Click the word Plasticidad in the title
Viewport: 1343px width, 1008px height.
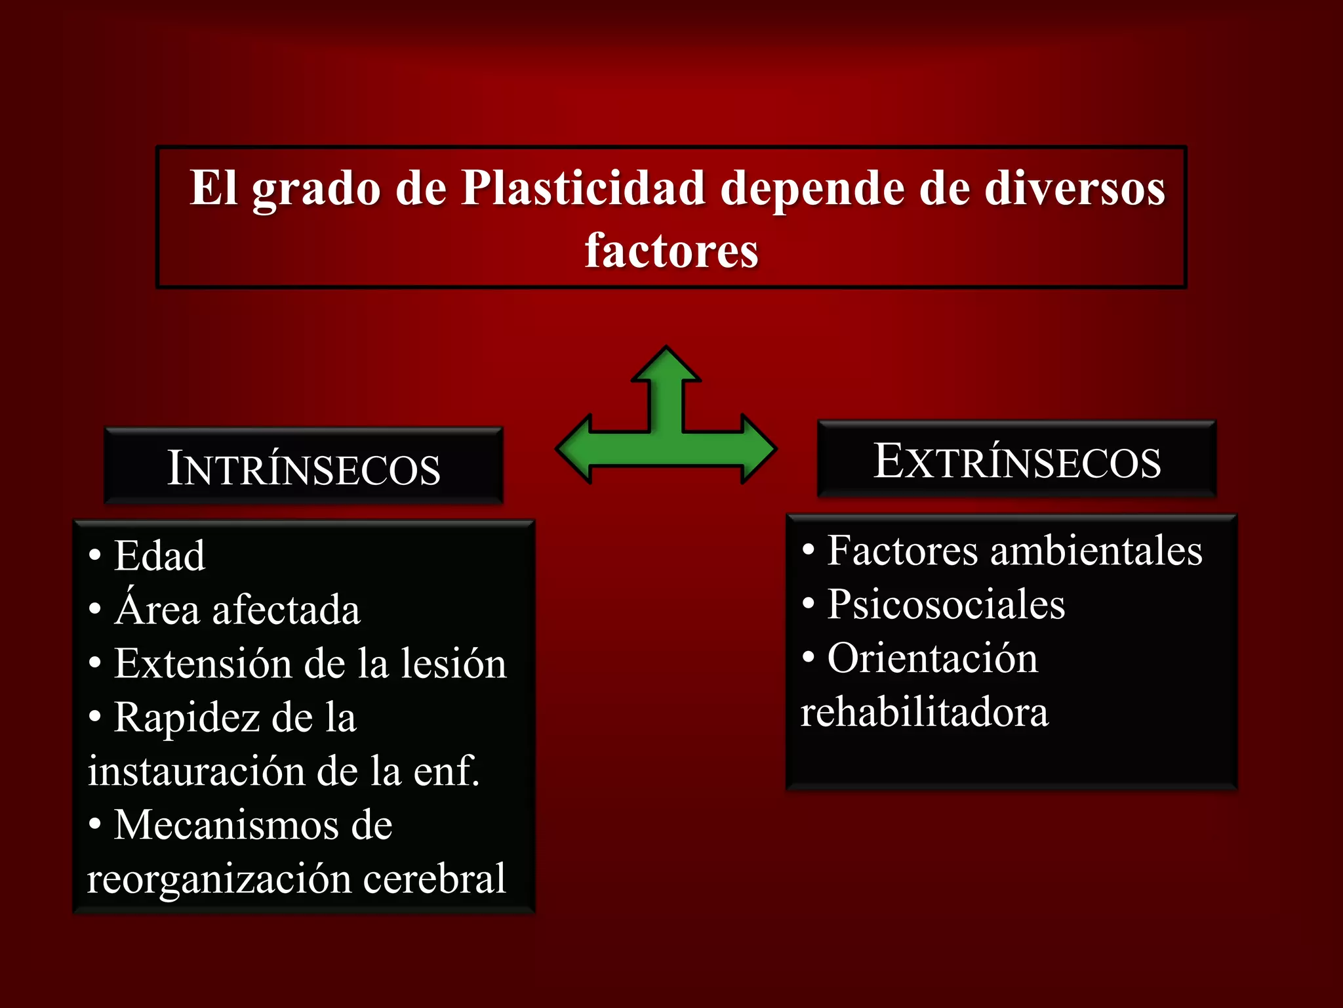click(583, 189)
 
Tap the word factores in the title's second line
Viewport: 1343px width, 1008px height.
click(671, 251)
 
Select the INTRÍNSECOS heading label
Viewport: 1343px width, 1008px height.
click(304, 468)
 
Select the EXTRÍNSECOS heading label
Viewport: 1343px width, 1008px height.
click(1017, 461)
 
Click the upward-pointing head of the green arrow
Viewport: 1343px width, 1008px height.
click(666, 366)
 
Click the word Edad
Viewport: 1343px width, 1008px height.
click(159, 556)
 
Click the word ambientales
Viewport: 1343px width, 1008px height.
click(1096, 551)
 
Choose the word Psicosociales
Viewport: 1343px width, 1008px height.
click(946, 604)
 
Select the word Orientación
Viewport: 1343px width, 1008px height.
click(932, 658)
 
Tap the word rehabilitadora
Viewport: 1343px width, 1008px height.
click(925, 712)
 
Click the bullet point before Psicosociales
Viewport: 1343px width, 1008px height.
click(809, 603)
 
